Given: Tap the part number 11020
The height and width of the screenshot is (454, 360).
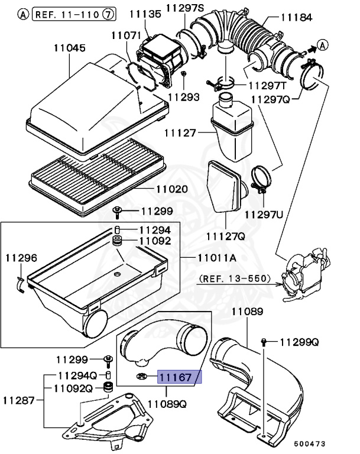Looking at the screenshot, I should pyautogui.click(x=171, y=190).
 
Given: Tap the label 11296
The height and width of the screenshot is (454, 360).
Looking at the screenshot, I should pyautogui.click(x=21, y=258).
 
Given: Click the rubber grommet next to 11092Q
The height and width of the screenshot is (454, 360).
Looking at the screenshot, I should pyautogui.click(x=108, y=388).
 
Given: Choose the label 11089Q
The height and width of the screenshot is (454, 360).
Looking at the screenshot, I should pyautogui.click(x=167, y=404).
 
